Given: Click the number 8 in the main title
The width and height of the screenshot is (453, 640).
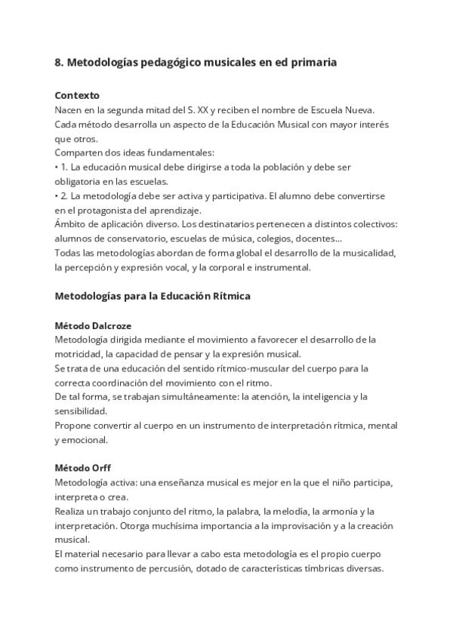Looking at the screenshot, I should [58, 63].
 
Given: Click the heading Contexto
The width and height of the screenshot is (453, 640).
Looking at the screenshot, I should [77, 96].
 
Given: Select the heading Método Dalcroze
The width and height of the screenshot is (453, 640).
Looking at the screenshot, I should [93, 325].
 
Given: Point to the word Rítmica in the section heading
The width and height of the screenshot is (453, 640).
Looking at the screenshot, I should [230, 297].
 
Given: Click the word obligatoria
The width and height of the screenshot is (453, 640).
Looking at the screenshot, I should [81, 181].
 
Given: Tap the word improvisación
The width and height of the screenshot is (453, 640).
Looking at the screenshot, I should [285, 525].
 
